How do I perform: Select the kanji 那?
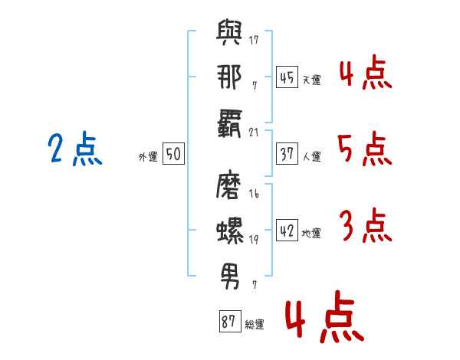click(x=229, y=79)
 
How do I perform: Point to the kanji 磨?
click(x=230, y=188)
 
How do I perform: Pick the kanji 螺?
click(x=230, y=230)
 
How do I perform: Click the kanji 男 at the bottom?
click(x=230, y=273)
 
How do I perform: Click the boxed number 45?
click(x=287, y=77)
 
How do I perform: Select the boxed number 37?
click(x=287, y=154)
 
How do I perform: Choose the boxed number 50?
click(x=173, y=155)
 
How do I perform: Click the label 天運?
click(x=311, y=80)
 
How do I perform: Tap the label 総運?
click(x=255, y=324)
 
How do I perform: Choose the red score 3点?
click(x=364, y=227)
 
